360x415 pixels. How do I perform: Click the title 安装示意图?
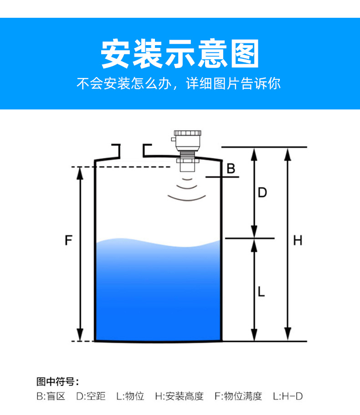point(180,54)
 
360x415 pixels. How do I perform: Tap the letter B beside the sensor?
point(231,169)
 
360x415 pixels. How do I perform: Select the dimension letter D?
point(262,192)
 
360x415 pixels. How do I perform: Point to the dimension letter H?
point(298,240)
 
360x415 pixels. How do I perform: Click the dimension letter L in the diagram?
point(261,291)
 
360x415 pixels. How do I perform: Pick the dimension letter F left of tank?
point(68,240)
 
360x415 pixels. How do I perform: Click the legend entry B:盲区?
point(51,396)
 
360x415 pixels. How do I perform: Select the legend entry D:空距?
point(90,396)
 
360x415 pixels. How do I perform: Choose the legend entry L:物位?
point(130,396)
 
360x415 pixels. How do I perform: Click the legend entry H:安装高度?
point(179,396)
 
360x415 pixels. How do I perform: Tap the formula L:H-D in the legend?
point(288,396)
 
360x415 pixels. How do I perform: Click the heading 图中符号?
point(57,382)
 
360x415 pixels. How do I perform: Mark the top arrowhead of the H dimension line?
point(288,153)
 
